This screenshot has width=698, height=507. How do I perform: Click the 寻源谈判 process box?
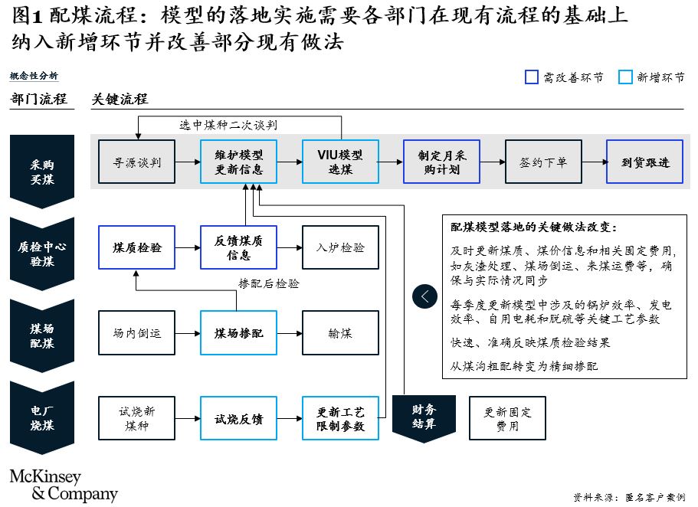[x=136, y=162]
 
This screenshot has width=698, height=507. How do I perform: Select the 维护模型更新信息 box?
[x=238, y=162]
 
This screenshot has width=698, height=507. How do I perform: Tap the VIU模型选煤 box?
[x=340, y=162]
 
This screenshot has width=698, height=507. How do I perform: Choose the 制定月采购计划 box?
[x=441, y=162]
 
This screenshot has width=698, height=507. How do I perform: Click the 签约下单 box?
[x=543, y=162]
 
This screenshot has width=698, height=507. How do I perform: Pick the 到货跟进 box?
[x=644, y=162]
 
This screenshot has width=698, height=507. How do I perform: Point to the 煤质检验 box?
[x=136, y=247]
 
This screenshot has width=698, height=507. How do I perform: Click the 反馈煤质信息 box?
[x=238, y=247]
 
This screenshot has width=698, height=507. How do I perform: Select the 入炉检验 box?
[x=340, y=247]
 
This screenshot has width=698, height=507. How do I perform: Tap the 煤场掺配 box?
[x=238, y=333]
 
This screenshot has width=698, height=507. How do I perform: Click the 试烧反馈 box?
[x=238, y=418]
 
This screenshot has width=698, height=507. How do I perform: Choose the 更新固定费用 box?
[x=507, y=418]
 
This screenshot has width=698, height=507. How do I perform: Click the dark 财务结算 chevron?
[x=424, y=418]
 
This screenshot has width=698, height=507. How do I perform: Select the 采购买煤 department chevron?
[x=42, y=172]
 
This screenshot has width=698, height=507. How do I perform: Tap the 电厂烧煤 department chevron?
[x=42, y=417]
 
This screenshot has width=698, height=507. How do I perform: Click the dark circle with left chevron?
[x=424, y=296]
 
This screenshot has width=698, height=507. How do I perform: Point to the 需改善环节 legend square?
[x=532, y=77]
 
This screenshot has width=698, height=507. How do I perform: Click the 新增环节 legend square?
[x=625, y=77]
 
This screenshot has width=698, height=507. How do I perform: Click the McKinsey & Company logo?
[x=64, y=486]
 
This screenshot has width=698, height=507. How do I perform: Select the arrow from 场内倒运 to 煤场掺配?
[x=188, y=333]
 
